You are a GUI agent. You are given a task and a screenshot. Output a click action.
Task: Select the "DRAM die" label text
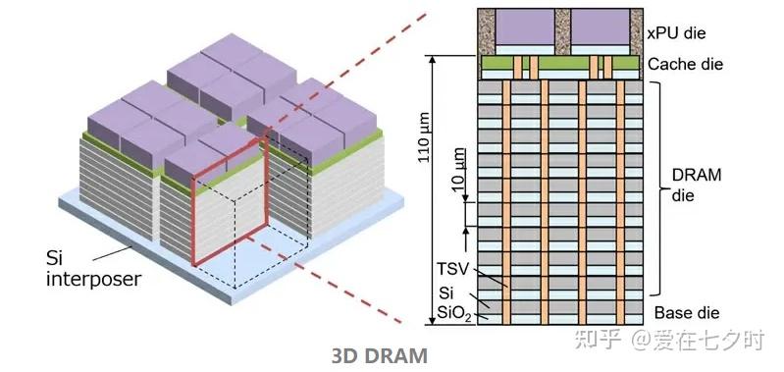696,185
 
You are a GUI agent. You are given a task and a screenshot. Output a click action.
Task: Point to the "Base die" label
686,313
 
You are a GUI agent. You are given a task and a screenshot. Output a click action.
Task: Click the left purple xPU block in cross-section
522,30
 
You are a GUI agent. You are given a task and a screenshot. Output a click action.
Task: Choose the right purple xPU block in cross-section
599,30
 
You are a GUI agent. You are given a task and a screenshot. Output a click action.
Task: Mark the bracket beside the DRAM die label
659,186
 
